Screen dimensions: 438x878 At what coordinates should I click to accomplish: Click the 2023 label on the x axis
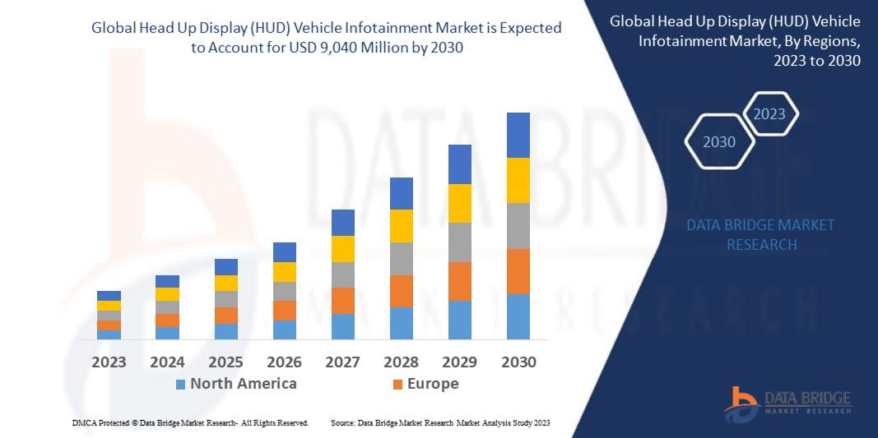click(x=109, y=362)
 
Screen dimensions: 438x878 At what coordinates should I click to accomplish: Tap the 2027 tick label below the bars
click(x=342, y=362)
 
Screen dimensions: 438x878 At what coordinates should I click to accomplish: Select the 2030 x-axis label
click(x=518, y=362)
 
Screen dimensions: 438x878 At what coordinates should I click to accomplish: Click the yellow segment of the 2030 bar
click(x=518, y=180)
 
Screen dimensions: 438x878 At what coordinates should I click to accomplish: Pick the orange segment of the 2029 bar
click(x=460, y=281)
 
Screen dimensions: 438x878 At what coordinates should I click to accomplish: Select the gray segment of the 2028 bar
click(x=402, y=258)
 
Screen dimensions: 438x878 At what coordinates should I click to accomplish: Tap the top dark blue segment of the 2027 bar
click(x=342, y=222)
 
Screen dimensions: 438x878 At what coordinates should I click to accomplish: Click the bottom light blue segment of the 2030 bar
click(x=518, y=316)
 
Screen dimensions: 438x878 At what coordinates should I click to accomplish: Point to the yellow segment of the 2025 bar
click(x=226, y=283)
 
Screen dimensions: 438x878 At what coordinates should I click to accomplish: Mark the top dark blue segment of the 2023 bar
click(x=109, y=296)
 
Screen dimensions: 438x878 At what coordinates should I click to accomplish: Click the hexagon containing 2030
click(x=720, y=142)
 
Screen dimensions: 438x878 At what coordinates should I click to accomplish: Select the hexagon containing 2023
click(x=769, y=114)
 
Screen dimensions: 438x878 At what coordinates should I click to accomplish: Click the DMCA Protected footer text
click(x=189, y=422)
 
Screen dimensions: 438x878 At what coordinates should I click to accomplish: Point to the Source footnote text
click(x=440, y=422)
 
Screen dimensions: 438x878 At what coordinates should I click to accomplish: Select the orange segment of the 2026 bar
click(x=285, y=310)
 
